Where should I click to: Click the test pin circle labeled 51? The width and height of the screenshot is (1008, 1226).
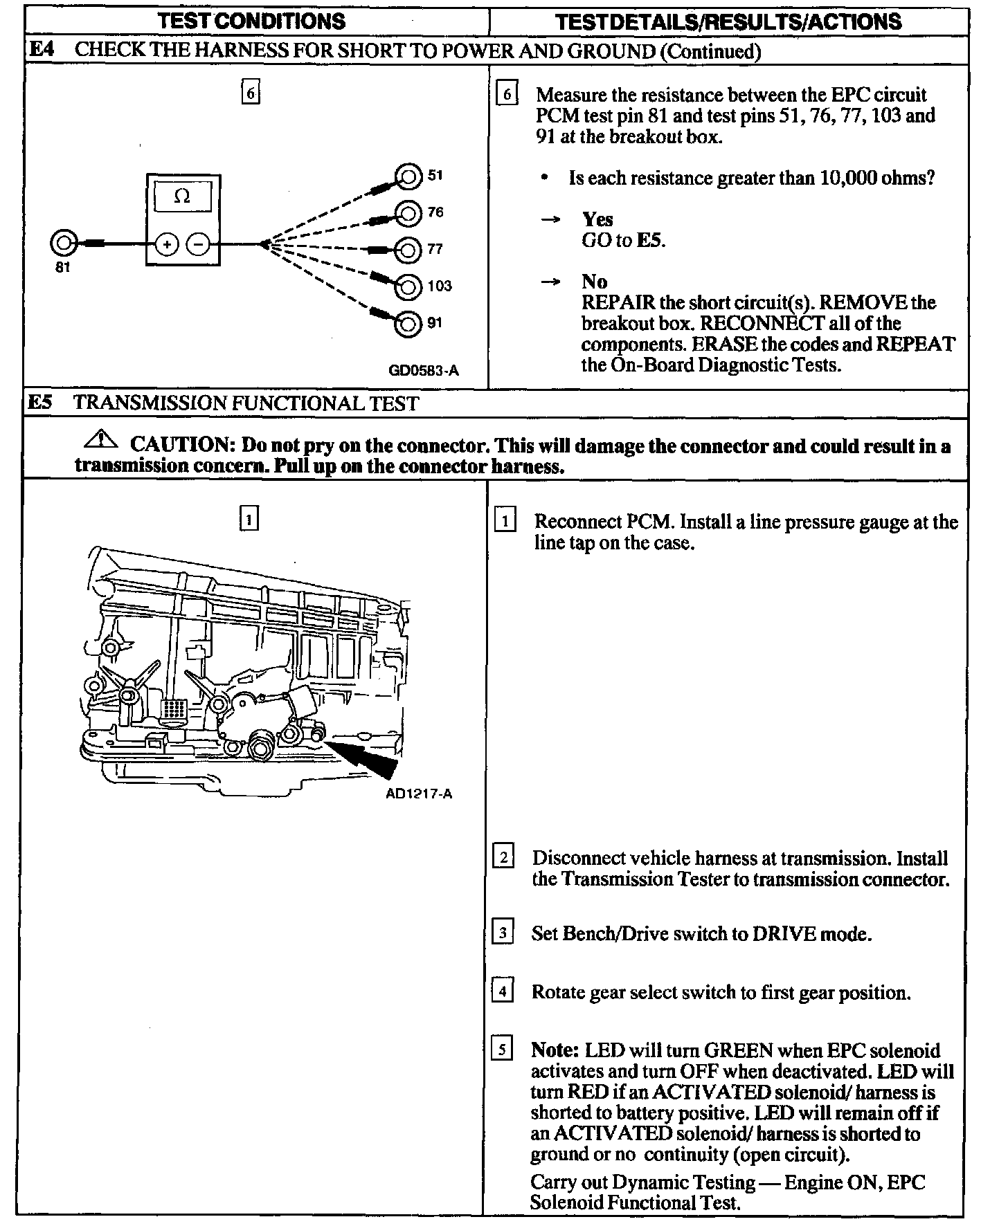click(408, 176)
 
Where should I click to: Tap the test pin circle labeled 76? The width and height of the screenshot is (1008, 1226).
click(408, 212)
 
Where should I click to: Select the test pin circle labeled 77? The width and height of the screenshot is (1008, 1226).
click(408, 249)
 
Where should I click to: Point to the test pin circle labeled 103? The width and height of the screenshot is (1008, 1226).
click(408, 286)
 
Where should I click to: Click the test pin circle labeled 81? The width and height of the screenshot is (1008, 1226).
click(63, 243)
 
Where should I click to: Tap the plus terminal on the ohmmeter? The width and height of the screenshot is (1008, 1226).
click(167, 244)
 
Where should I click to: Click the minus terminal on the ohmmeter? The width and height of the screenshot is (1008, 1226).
click(199, 244)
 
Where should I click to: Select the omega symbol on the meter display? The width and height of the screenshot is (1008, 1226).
click(182, 196)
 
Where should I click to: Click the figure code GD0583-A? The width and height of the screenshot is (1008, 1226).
click(424, 370)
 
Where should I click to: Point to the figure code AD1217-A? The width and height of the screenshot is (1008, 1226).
click(419, 794)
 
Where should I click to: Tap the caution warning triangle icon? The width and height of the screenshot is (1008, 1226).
click(100, 439)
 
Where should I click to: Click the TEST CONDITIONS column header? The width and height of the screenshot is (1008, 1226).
click(251, 21)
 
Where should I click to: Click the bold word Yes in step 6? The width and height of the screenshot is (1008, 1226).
click(597, 220)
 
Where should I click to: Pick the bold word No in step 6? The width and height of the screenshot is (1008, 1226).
click(594, 282)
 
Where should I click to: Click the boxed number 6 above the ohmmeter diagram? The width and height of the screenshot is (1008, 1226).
click(251, 92)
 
